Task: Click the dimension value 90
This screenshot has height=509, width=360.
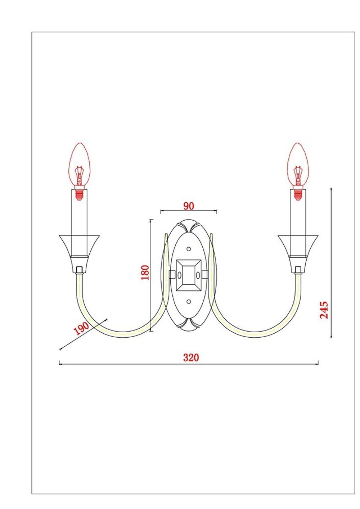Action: [x=189, y=206]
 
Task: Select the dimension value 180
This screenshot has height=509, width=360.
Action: [x=145, y=273]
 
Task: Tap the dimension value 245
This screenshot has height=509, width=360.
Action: [x=324, y=310]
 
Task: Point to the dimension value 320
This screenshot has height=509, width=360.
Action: [x=191, y=357]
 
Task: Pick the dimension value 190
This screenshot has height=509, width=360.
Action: [x=81, y=328]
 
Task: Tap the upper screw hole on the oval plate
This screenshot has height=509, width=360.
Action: [x=189, y=249]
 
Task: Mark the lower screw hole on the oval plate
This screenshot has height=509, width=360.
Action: [x=189, y=301]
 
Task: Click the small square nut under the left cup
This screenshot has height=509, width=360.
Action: [x=80, y=269]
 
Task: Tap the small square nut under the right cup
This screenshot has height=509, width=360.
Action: [x=298, y=269]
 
